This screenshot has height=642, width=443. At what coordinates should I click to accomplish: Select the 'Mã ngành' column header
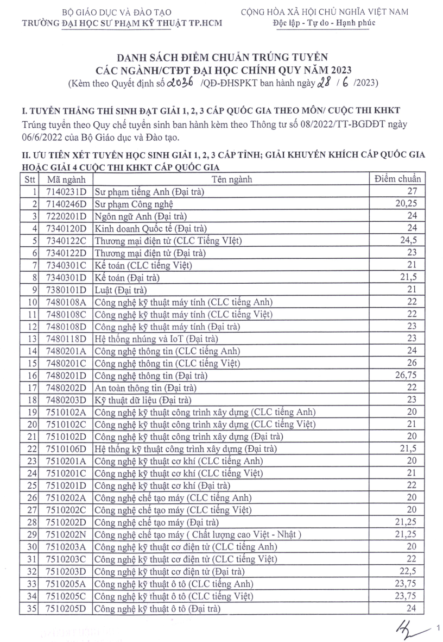click(x=65, y=179)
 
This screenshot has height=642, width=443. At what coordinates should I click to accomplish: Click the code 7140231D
click(x=66, y=191)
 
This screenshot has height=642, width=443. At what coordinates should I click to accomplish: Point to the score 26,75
click(x=408, y=375)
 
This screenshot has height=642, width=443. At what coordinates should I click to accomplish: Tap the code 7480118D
click(x=66, y=338)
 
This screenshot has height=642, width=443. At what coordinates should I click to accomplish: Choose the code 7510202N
click(x=66, y=534)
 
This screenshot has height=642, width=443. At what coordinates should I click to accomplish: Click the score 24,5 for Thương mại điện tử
click(x=411, y=240)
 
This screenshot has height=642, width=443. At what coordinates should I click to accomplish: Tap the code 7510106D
click(x=66, y=448)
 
